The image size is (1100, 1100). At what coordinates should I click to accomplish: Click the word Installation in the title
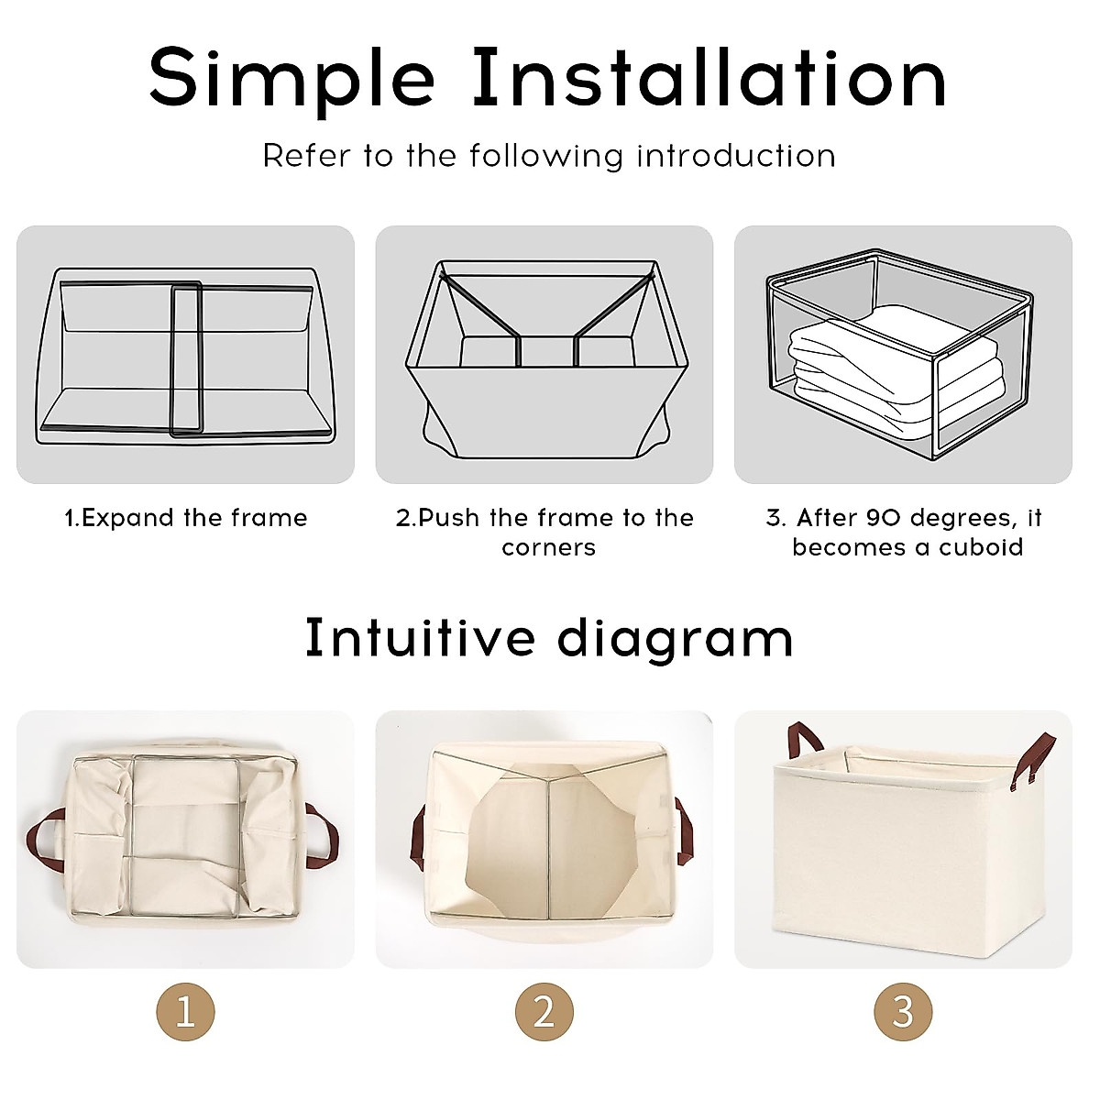tap(709, 77)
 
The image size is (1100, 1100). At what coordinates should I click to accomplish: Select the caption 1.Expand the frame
tap(185, 518)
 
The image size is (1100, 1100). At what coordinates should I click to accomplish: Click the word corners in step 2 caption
tap(548, 548)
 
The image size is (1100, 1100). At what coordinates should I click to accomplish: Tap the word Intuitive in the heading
tap(420, 638)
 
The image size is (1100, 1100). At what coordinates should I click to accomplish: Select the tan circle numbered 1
tap(185, 1012)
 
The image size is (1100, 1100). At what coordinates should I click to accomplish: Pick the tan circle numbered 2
tap(544, 1012)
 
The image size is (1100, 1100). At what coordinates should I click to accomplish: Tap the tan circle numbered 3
tap(903, 1012)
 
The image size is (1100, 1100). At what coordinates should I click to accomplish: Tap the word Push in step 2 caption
tap(449, 518)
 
